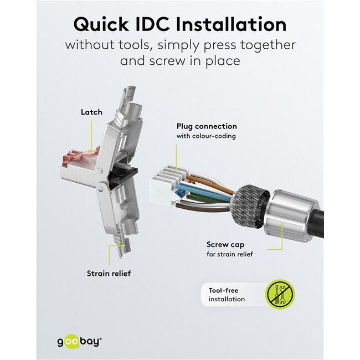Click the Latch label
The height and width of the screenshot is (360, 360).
coord(91,112)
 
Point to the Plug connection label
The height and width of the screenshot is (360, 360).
coord(207,126)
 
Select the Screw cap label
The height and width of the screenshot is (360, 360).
coord(226,244)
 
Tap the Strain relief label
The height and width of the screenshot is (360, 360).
coord(109,273)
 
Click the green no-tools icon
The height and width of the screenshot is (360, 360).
coord(280,294)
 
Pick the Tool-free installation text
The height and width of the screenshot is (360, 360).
coord(227,295)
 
